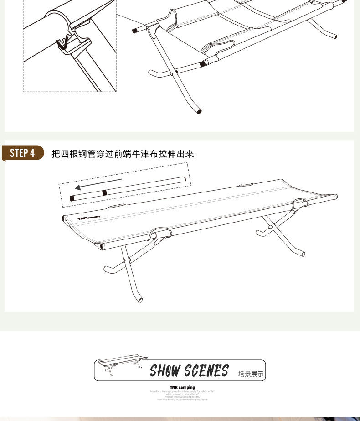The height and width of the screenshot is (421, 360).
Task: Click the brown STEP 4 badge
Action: tap(23, 153)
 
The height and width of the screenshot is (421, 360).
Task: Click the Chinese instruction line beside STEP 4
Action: tap(123, 154)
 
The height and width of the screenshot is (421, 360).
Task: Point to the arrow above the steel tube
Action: tap(98, 184)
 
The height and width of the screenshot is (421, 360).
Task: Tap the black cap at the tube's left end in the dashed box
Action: tap(72, 198)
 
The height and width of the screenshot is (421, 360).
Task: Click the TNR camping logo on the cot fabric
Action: tap(89, 218)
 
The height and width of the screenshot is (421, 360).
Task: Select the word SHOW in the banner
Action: tap(165, 371)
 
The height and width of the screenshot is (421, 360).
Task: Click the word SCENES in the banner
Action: tap(206, 371)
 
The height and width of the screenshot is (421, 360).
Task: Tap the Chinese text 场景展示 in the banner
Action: tap(251, 374)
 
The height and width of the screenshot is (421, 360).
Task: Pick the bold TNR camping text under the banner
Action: tap(182, 387)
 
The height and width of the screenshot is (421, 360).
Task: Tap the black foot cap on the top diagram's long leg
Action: tap(199, 111)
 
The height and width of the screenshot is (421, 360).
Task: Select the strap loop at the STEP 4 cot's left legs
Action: tap(160, 234)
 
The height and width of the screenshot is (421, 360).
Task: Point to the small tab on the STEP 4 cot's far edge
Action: tap(246, 185)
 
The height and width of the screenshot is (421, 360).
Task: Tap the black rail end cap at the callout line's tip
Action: tap(135, 31)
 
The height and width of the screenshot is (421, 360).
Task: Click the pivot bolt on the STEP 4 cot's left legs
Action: tap(124, 261)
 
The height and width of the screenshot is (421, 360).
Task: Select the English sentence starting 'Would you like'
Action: tap(182, 391)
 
